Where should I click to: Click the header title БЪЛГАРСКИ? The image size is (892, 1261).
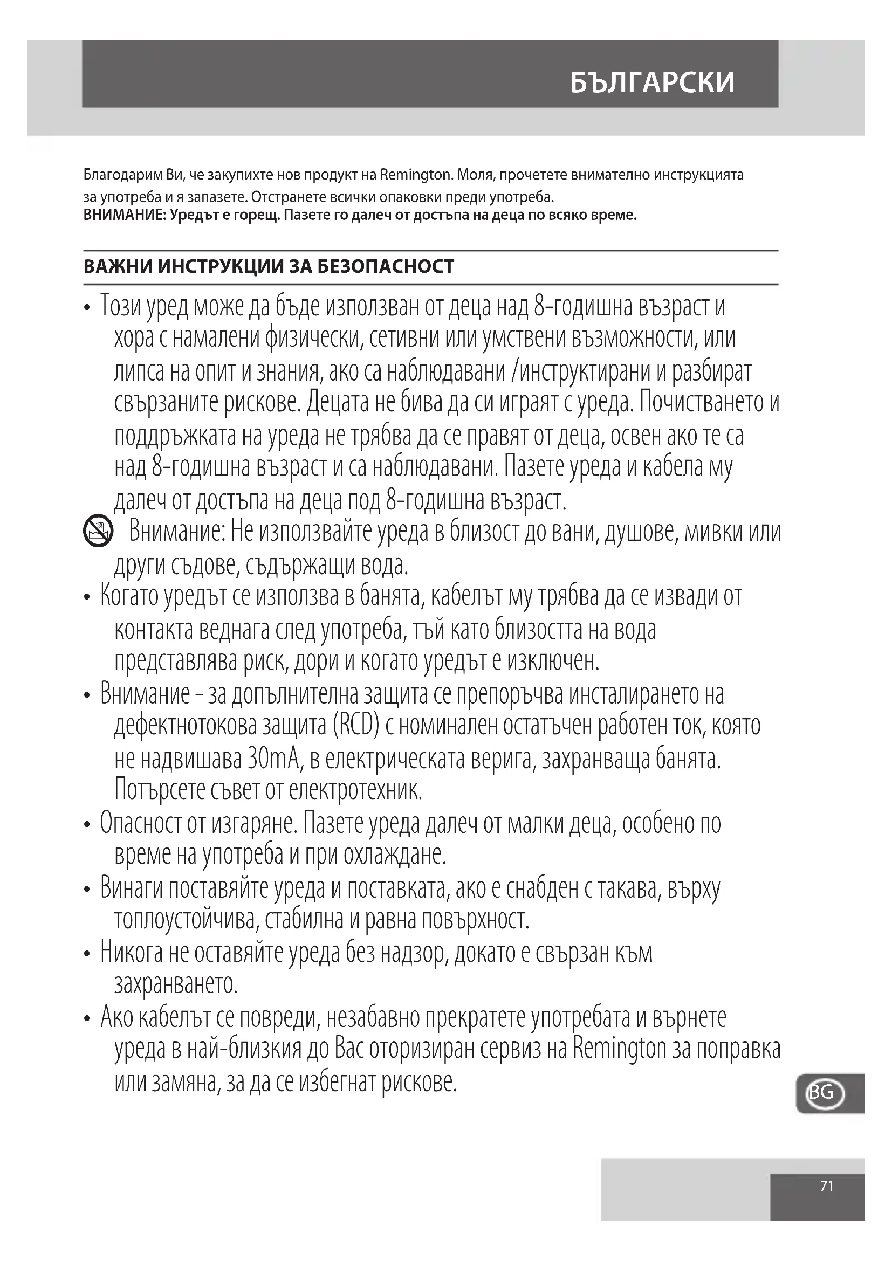(x=652, y=83)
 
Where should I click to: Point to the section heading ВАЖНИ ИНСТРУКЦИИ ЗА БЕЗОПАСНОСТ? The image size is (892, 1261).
(x=269, y=267)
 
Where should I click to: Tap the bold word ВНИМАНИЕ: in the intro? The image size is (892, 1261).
(x=124, y=215)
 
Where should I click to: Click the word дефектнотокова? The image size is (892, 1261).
(x=185, y=726)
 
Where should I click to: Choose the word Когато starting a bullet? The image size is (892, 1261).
(x=129, y=596)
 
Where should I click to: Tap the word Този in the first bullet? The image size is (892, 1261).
(x=120, y=306)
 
